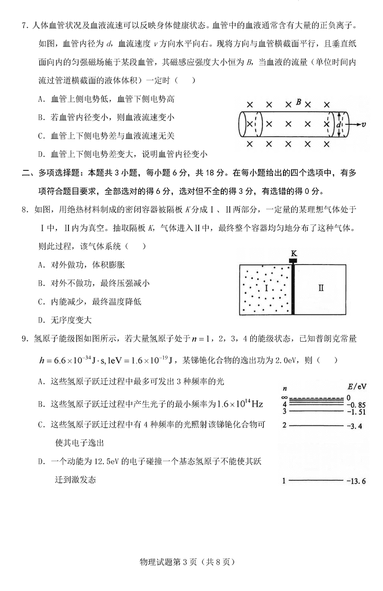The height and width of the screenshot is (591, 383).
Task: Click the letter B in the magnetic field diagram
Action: click(298, 102)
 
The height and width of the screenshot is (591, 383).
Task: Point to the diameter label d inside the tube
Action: click(338, 124)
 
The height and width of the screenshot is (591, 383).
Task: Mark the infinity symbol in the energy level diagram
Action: click(284, 397)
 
